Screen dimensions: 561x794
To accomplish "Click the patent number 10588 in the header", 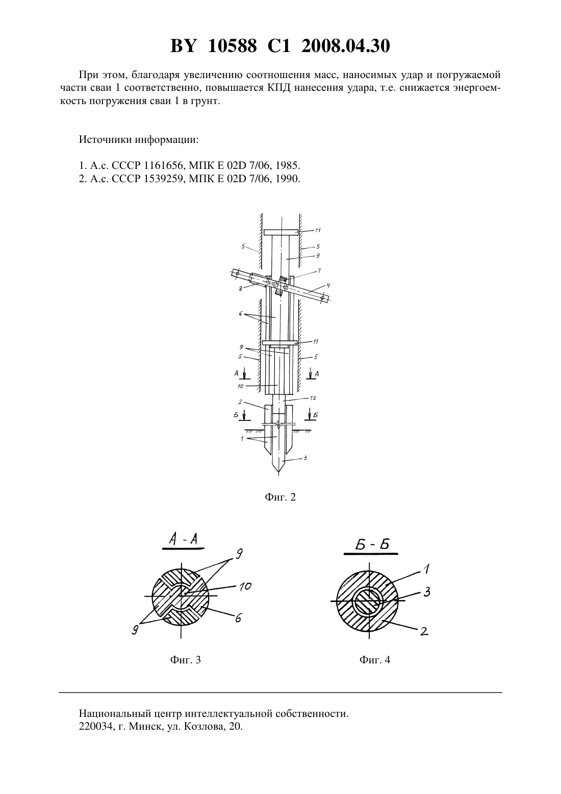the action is pyautogui.click(x=232, y=46).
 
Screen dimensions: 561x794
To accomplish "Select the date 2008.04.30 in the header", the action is pyautogui.click(x=346, y=46).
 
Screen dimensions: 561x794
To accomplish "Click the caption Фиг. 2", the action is pyautogui.click(x=280, y=497).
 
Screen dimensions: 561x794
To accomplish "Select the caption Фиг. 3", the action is pyautogui.click(x=186, y=660).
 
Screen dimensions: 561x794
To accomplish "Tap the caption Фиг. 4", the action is pyautogui.click(x=375, y=660).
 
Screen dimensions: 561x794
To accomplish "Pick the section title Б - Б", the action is pyautogui.click(x=372, y=544).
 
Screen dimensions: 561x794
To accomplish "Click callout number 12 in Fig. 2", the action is pyautogui.click(x=312, y=398).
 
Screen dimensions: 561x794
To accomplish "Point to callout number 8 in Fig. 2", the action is pyautogui.click(x=241, y=288).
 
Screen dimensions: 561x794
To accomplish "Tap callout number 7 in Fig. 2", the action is pyautogui.click(x=319, y=271).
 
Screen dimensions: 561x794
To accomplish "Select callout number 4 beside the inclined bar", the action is pyautogui.click(x=328, y=285).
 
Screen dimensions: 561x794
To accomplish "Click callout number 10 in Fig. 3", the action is pyautogui.click(x=245, y=587).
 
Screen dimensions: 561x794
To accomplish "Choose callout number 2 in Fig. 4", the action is pyautogui.click(x=425, y=631).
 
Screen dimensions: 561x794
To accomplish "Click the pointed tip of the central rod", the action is pyautogui.click(x=278, y=475).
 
